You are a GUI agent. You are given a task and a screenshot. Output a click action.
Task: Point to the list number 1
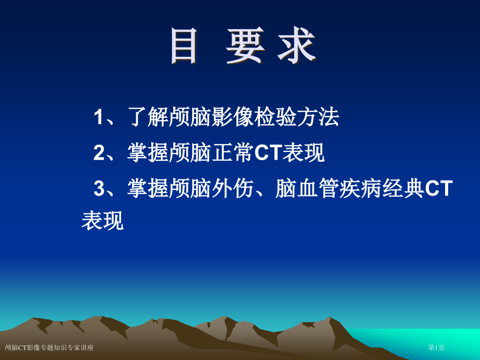[99, 117]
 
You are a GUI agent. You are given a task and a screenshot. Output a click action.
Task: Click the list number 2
[99, 153]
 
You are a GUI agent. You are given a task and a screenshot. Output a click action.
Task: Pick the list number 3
[99, 188]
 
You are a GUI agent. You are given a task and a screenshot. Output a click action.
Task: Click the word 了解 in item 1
[148, 117]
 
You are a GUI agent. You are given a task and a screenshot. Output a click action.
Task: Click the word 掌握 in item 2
[148, 153]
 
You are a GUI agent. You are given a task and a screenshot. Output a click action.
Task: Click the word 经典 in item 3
[403, 188]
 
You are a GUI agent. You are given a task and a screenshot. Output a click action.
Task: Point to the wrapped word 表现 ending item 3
[103, 221]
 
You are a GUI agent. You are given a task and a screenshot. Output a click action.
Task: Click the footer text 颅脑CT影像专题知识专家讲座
[49, 347]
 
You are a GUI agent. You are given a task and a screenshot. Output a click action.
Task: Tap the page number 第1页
[436, 347]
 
